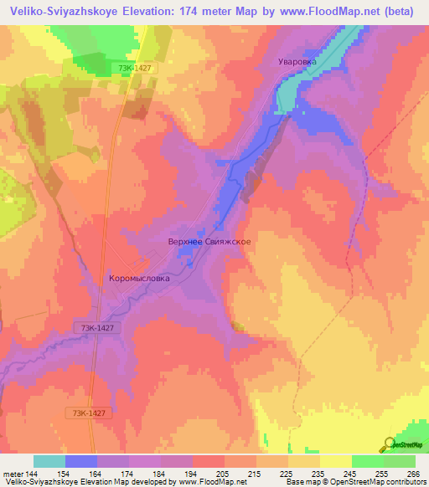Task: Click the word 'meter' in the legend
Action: pyautogui.click(x=12, y=474)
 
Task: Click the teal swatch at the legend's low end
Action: pyautogui.click(x=49, y=461)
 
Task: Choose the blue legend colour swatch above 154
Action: pyautogui.click(x=81, y=461)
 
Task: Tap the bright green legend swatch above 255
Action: pyautogui.click(x=367, y=461)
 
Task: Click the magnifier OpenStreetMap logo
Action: pyautogui.click(x=388, y=443)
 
